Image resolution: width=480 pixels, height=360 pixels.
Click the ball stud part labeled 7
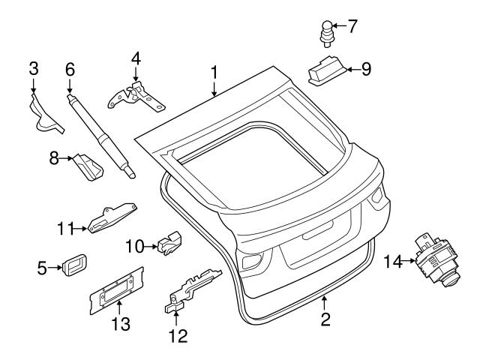point(326,31)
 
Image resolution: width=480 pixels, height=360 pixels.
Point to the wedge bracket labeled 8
point(88,167)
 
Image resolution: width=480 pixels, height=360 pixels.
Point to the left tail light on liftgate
point(253,263)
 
